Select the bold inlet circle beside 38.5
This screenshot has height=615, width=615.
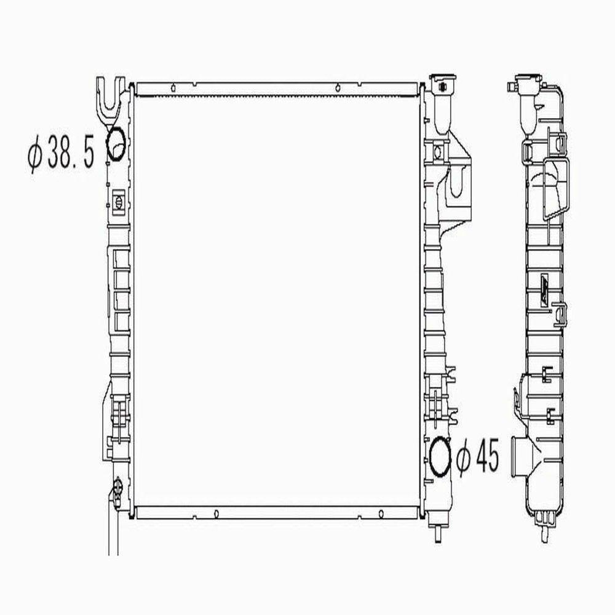(116, 143)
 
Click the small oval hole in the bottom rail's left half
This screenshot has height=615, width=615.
(217, 512)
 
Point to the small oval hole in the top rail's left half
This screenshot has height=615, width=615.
(175, 88)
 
